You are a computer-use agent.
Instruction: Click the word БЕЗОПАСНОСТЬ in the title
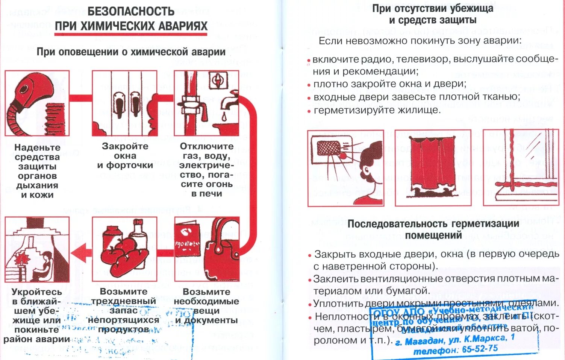(131, 11)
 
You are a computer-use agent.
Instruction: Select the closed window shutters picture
(125, 103)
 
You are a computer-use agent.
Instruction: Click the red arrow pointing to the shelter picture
(82, 252)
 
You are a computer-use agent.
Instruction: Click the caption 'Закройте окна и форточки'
(125, 156)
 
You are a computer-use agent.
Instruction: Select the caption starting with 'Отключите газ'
(206, 170)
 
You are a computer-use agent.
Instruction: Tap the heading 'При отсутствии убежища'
(433, 9)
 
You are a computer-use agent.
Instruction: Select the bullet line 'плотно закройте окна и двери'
(390, 84)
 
